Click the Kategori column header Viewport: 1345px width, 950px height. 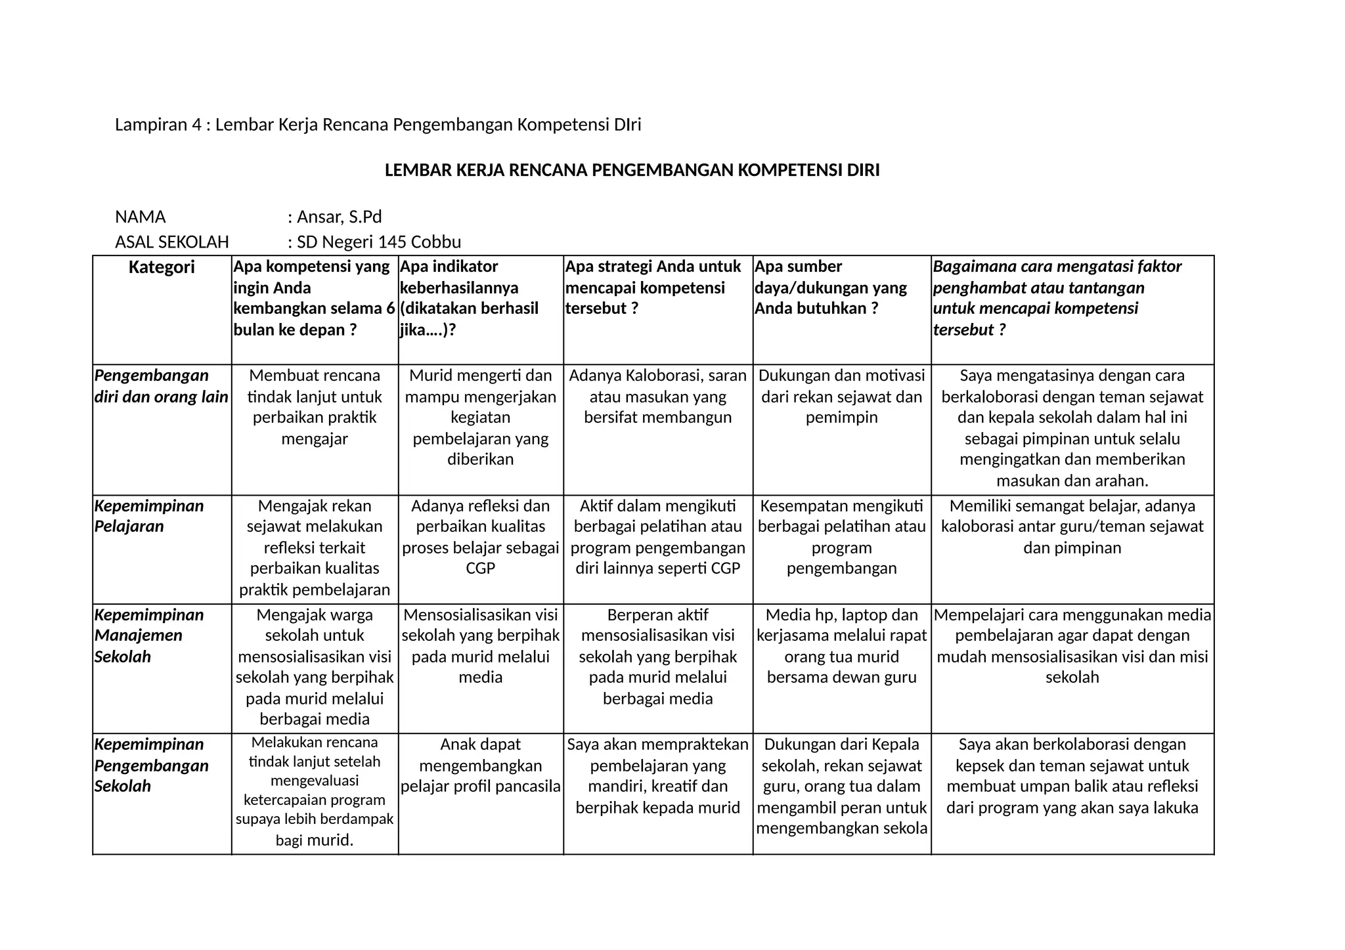[162, 268]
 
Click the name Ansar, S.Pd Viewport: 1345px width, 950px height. [339, 217]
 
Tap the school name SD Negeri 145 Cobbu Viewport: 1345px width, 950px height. [379, 242]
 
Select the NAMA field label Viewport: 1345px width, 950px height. [141, 217]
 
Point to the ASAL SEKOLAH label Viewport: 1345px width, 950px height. [172, 242]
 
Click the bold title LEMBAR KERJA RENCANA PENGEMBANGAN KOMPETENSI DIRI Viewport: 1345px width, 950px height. [632, 171]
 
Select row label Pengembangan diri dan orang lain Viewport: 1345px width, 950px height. [162, 386]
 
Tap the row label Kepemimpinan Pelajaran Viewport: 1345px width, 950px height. [149, 516]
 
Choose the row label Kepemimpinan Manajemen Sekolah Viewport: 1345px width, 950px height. [149, 636]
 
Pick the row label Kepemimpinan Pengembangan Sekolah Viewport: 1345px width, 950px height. [152, 765]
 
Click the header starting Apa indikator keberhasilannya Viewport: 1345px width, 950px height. [469, 298]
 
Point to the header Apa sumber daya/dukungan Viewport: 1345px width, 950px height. [830, 288]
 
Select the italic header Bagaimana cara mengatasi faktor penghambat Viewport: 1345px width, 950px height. [1057, 298]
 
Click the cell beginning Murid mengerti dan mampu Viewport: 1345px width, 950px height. [481, 418]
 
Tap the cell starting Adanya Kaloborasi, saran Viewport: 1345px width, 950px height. [658, 397]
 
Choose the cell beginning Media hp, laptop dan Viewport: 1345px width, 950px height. [842, 646]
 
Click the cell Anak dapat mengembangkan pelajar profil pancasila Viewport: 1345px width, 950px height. [481, 766]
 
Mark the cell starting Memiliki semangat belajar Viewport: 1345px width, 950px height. [1072, 527]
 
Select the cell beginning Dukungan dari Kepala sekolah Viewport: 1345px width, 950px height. [842, 786]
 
